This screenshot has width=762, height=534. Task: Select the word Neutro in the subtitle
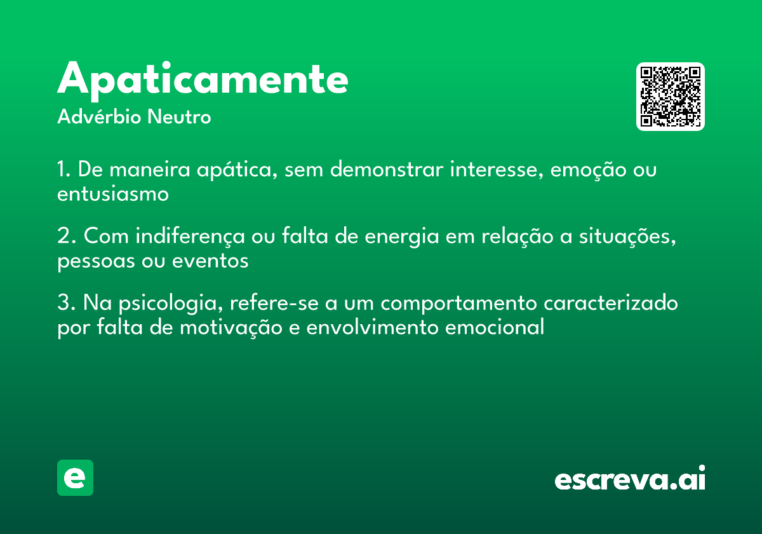(179, 117)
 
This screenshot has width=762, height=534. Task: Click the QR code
(670, 97)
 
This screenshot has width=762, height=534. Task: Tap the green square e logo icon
(75, 477)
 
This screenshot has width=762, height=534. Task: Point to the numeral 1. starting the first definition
(64, 169)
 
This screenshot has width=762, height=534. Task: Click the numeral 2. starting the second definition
(67, 236)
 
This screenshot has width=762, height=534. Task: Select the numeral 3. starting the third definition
(67, 303)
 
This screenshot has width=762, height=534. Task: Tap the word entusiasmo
(113, 194)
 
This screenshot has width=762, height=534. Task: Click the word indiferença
(190, 236)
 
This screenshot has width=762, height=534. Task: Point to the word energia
(402, 237)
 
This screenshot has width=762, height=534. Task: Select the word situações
(627, 236)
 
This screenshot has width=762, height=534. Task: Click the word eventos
(210, 261)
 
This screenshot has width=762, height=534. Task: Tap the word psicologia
(171, 303)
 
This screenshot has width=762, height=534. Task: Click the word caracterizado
(611, 303)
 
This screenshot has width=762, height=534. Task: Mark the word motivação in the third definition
(231, 328)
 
